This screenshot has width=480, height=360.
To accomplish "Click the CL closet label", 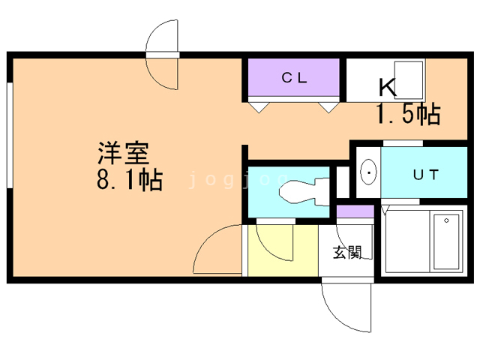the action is (294, 78).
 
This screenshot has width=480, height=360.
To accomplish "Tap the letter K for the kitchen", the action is (388, 88).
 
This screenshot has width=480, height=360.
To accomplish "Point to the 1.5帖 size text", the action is (409, 114).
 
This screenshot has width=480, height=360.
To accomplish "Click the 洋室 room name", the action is (123, 153).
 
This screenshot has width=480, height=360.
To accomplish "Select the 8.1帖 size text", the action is (130, 180).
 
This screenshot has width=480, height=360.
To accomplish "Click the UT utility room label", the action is (426, 175).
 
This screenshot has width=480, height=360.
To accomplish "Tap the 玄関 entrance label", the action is (347, 253).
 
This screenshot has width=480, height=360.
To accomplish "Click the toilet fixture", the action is (304, 192).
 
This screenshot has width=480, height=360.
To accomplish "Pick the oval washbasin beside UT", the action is (368, 172).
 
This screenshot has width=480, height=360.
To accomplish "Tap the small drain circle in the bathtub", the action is (447, 220).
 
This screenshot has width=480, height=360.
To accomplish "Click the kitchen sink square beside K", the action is (408, 79).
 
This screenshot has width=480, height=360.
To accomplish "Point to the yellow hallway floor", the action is (283, 250).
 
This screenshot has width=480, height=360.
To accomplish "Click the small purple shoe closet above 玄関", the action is (355, 211).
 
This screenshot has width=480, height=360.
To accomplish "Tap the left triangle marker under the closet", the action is (259, 107).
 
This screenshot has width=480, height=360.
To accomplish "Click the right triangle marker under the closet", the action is (328, 107).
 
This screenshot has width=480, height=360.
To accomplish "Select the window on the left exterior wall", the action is (10, 135).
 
